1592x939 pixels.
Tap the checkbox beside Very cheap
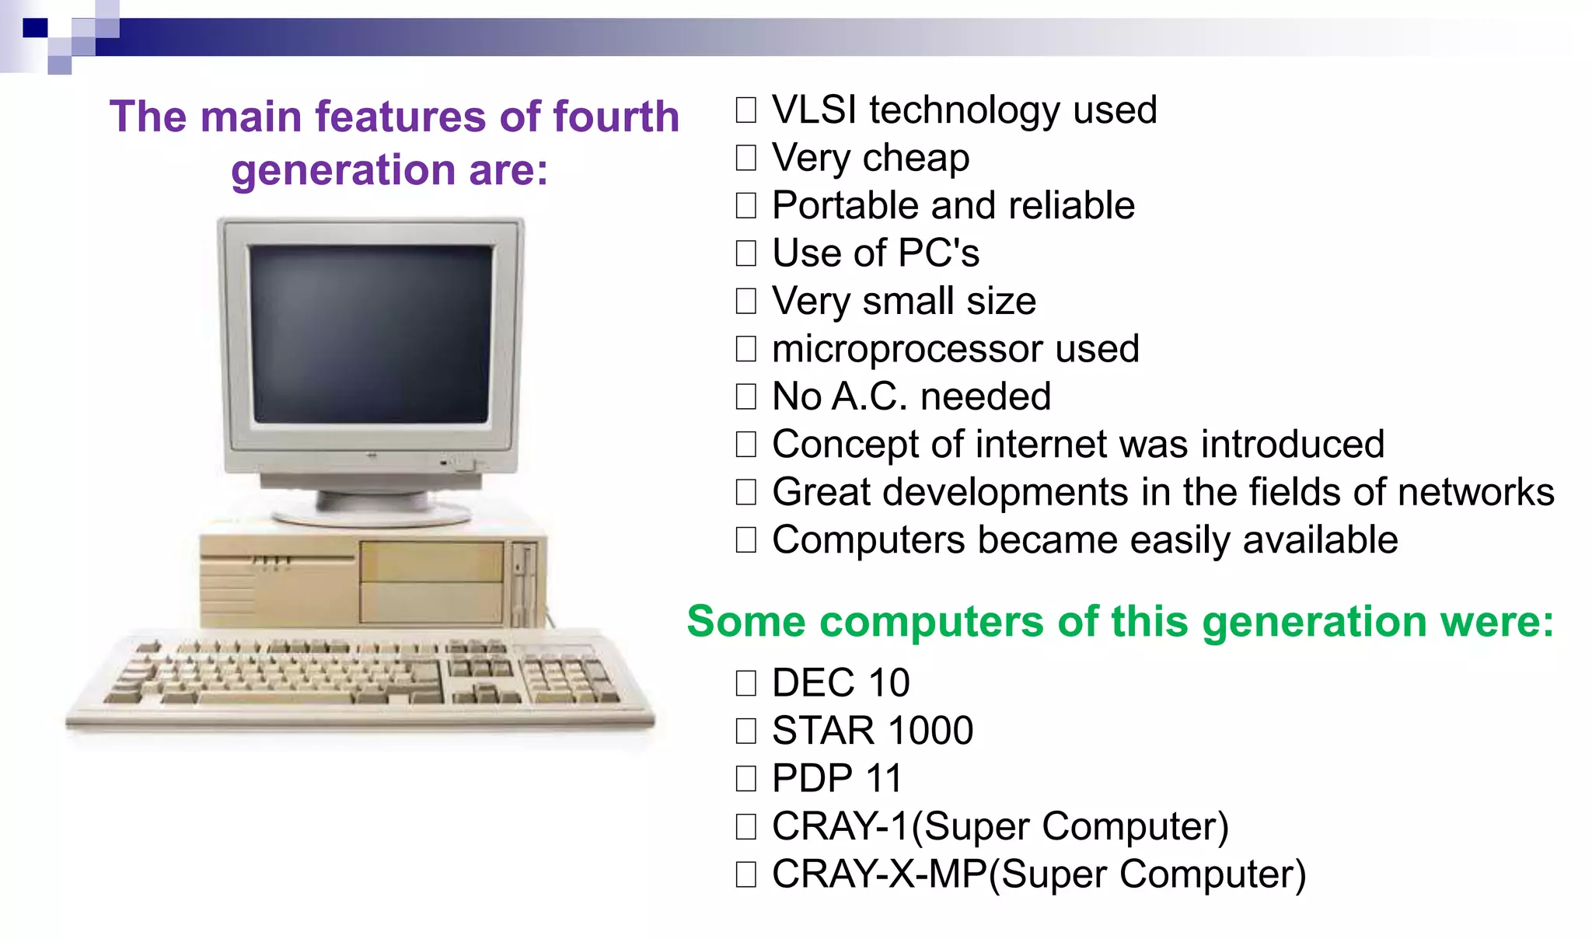click(745, 158)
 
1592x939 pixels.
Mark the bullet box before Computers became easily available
click(745, 540)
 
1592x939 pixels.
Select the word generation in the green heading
click(1314, 622)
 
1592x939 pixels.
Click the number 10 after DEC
click(889, 683)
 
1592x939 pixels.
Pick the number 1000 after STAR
click(930, 731)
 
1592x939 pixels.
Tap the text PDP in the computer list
click(812, 779)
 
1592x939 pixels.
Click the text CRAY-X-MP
click(878, 874)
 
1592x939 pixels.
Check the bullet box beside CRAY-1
click(745, 826)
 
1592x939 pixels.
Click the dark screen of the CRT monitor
click(372, 334)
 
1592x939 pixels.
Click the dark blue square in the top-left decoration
click(35, 28)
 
